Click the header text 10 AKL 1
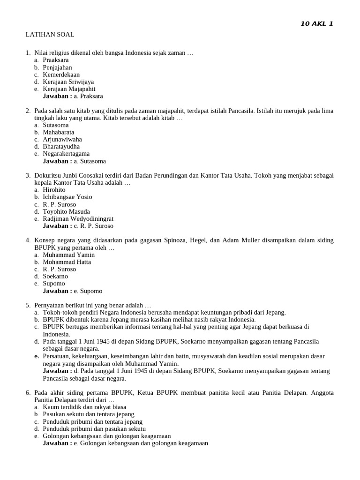[316, 24]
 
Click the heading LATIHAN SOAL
[50, 35]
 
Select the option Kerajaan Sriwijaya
[68, 82]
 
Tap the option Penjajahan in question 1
[57, 67]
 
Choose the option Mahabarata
[58, 132]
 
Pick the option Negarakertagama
[66, 154]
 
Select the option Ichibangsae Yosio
[67, 197]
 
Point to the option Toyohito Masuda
[66, 211]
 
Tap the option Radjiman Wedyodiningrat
[78, 219]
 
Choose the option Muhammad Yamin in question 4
[68, 255]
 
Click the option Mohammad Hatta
[67, 262]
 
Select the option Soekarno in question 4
[55, 277]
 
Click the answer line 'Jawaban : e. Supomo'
[72, 291]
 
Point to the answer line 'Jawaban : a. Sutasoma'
[74, 161]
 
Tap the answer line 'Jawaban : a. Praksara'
[73, 96]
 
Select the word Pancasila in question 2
[241, 111]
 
